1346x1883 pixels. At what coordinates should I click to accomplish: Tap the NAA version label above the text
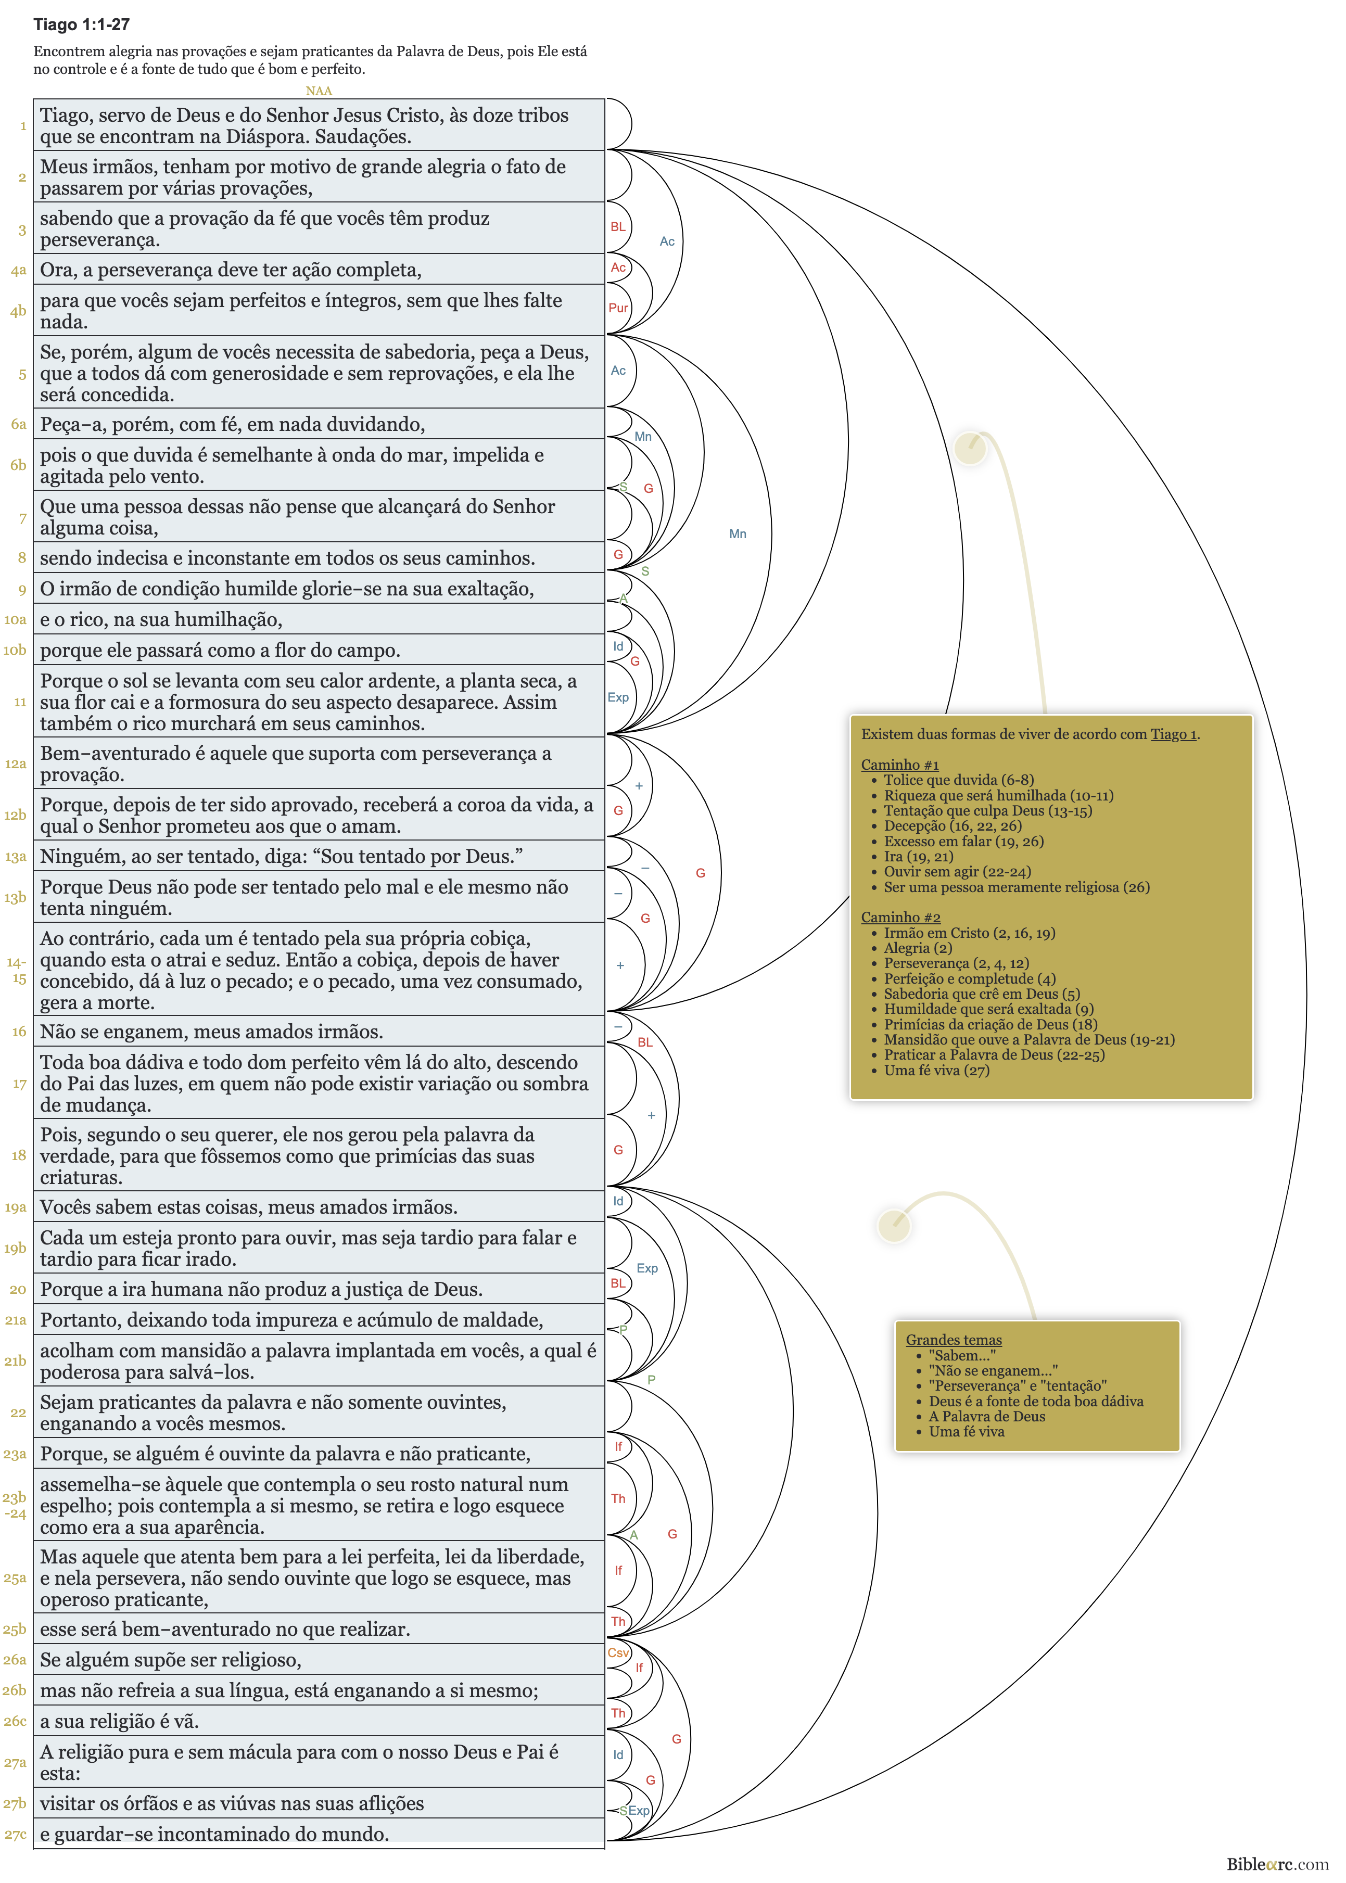coord(318,91)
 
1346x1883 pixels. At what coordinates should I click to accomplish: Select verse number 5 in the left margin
coord(22,374)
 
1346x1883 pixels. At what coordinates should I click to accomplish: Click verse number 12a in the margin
coord(16,764)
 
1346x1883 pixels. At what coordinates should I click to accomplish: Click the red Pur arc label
coord(618,308)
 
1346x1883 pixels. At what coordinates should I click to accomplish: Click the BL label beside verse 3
coord(618,227)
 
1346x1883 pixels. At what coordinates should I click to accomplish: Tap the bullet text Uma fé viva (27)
coord(936,1070)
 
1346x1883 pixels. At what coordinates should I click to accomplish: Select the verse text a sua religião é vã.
coord(119,1721)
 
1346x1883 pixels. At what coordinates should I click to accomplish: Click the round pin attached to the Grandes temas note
coord(894,1224)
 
